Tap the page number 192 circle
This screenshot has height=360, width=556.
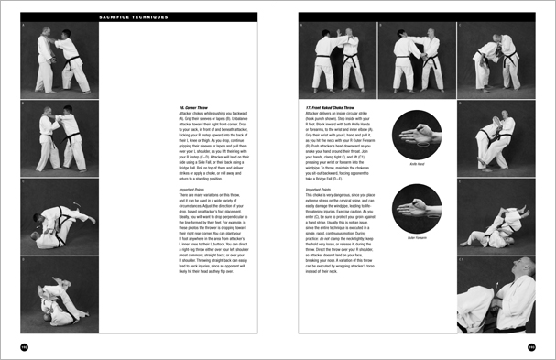pyautogui.click(x=25, y=345)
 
